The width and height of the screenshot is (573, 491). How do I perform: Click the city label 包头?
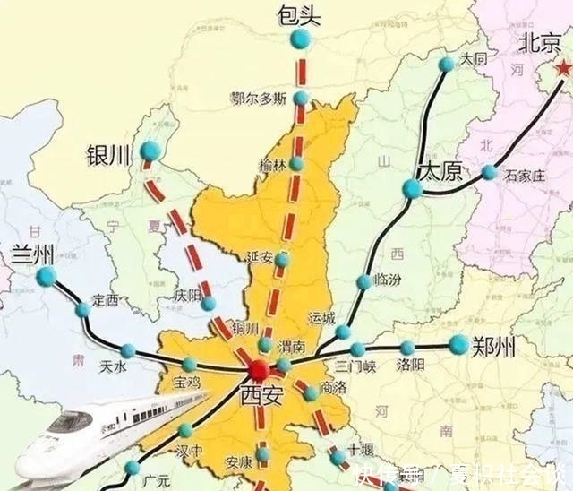(299, 13)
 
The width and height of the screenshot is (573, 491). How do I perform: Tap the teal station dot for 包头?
(301, 39)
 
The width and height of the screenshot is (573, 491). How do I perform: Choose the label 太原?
(439, 171)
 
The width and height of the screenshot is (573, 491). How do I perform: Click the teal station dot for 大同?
(447, 64)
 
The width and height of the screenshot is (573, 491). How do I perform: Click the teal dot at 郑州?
(458, 344)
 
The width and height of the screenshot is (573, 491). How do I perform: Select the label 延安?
(260, 258)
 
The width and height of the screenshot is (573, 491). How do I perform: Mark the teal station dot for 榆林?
(296, 163)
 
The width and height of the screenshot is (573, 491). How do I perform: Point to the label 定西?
(105, 299)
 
